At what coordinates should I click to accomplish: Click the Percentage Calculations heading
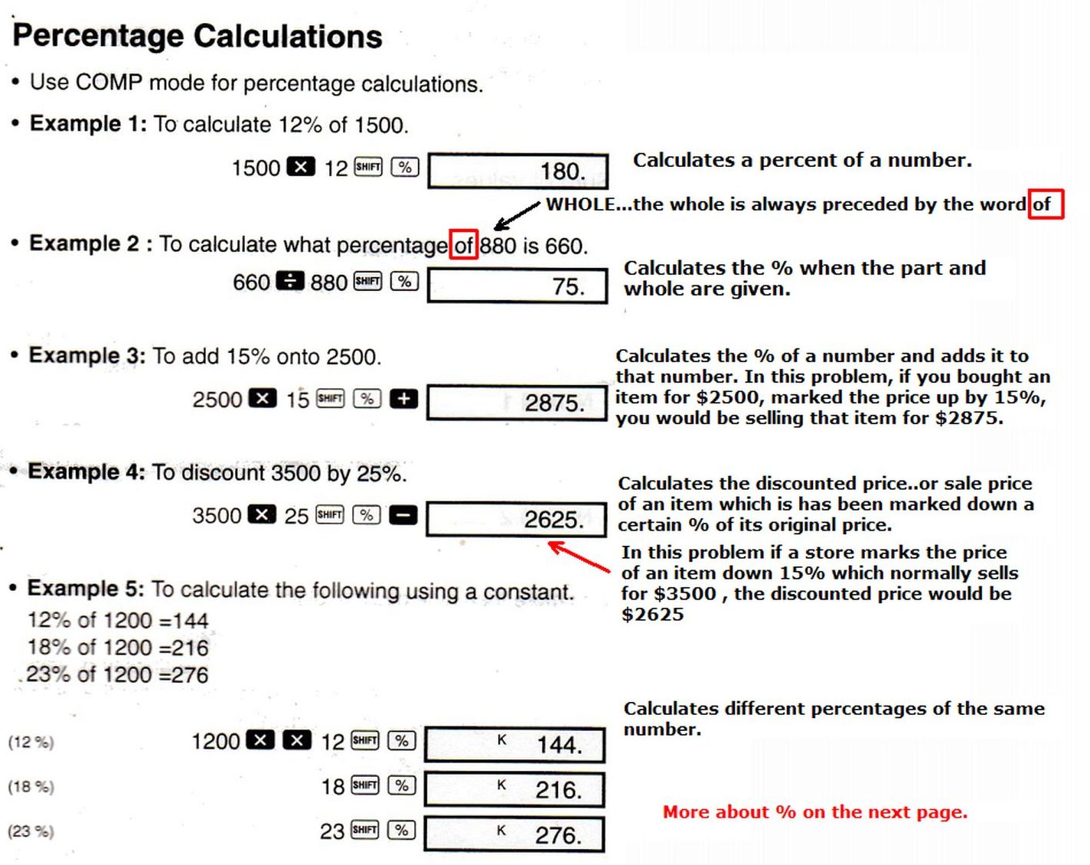(197, 36)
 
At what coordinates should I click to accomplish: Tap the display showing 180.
(518, 171)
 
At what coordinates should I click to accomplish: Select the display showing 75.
(517, 286)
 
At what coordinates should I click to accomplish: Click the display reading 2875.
(517, 403)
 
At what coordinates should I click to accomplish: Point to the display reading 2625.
(517, 520)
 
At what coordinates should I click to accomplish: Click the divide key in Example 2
(289, 282)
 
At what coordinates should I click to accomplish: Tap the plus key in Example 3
(403, 399)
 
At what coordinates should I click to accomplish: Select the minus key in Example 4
(403, 515)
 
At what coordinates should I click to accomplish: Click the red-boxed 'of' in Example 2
(464, 245)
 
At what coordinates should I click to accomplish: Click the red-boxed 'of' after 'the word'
(1045, 204)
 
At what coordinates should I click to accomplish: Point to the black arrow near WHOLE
(517, 215)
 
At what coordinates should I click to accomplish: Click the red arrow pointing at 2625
(579, 557)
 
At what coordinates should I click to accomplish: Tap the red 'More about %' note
(814, 812)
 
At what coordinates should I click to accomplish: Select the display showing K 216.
(514, 789)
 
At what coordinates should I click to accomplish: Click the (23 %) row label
(31, 831)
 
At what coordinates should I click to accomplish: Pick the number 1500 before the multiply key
(256, 168)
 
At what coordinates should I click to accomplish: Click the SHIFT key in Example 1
(368, 167)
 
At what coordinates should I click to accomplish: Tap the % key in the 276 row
(402, 830)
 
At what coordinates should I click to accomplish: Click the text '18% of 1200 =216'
(118, 648)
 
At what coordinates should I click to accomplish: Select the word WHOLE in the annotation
(580, 204)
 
